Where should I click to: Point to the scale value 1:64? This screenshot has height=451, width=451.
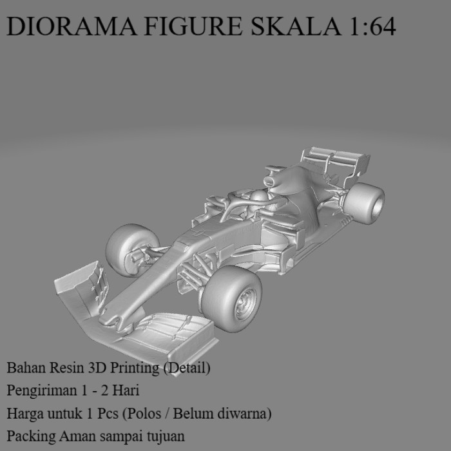click(371, 26)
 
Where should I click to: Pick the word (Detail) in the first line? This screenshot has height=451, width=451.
click(187, 369)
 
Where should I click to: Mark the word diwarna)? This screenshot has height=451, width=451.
click(245, 413)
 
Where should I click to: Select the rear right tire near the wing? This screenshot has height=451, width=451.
click(364, 203)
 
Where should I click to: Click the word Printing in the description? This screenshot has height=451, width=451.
click(133, 369)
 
